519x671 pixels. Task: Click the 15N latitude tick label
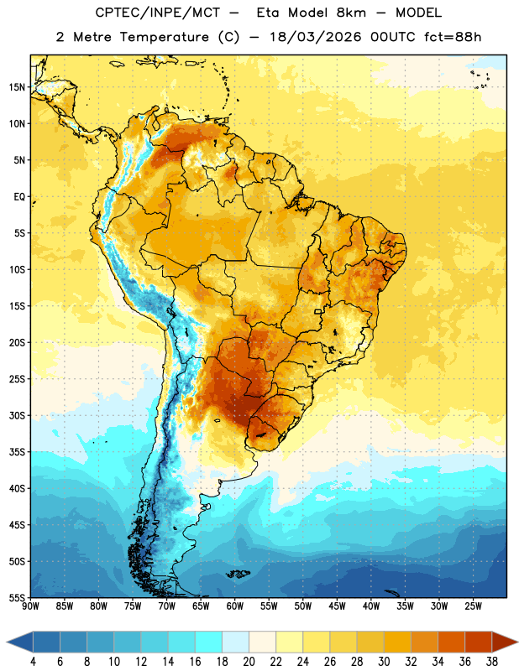[17, 87]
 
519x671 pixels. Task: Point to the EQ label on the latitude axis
[19, 197]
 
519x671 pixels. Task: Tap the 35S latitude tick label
[17, 452]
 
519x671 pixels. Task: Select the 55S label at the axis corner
[17, 597]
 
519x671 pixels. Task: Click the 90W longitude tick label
[30, 606]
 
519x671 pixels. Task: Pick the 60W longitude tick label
[235, 606]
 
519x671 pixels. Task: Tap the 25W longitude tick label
[473, 606]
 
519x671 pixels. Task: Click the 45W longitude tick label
[337, 606]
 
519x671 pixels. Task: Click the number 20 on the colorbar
[249, 662]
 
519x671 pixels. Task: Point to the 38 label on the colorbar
[491, 662]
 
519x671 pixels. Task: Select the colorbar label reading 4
[33, 662]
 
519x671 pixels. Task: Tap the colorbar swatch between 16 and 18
[208, 642]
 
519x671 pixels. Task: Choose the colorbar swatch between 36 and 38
[479, 642]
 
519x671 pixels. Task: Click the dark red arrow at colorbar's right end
[503, 642]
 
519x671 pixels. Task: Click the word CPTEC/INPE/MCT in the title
[158, 13]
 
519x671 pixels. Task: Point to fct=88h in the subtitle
[453, 37]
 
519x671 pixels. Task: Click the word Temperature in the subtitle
[164, 37]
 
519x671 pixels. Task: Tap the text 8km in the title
[351, 13]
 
